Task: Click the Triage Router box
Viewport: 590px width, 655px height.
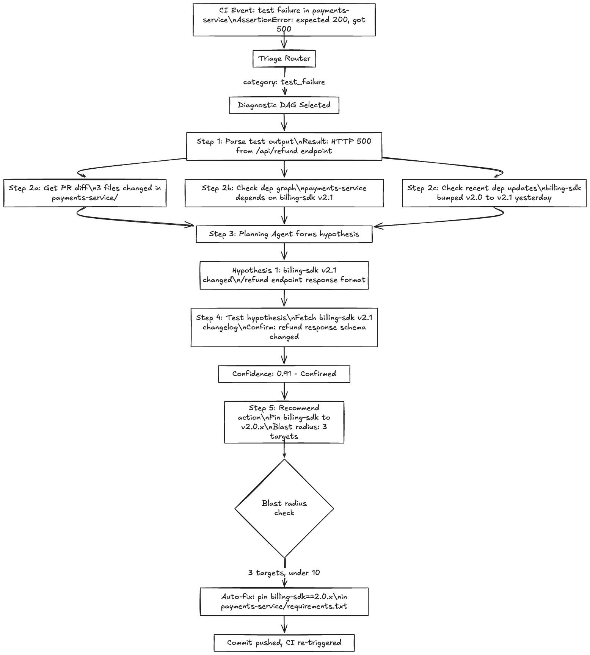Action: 284,58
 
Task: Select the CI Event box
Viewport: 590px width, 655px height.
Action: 284,20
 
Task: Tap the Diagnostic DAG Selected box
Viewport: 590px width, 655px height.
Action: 284,105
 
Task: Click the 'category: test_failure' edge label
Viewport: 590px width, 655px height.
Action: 284,82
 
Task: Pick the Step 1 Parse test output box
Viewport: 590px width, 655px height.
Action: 284,146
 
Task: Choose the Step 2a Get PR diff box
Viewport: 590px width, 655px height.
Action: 85,193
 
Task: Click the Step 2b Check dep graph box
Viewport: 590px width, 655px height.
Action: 284,193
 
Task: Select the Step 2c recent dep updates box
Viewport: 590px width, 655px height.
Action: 494,193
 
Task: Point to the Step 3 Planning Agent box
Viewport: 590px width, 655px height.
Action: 284,234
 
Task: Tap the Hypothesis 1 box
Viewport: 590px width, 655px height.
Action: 284,275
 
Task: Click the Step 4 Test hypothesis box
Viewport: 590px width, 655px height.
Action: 284,327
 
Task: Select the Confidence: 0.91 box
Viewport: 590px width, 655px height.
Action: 284,374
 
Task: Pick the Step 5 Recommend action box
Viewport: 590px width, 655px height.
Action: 284,422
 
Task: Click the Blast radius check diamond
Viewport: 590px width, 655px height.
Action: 284,508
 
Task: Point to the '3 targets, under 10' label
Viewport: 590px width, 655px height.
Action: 284,572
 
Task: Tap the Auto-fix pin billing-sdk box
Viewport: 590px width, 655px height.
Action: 284,602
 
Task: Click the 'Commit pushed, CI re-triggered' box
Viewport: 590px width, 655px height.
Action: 284,643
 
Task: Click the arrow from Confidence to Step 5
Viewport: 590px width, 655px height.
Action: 284,392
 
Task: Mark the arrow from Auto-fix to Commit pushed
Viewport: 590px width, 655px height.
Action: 284,625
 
